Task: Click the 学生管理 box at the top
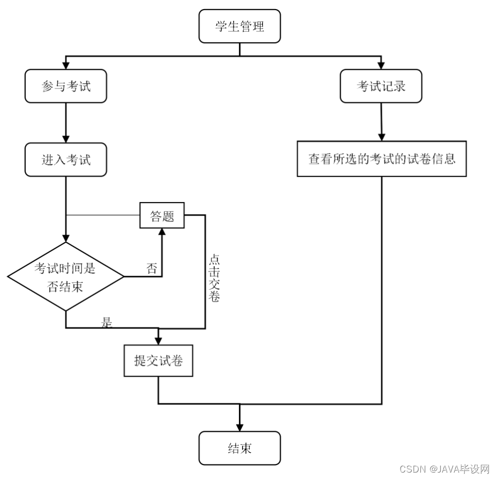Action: coord(239,26)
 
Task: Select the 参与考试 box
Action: coord(65,86)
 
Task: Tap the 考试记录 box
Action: coord(381,86)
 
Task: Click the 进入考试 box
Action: coord(65,159)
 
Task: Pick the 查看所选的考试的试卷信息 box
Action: coord(381,159)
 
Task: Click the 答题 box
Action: coord(162,215)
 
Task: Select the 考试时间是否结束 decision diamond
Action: coord(65,277)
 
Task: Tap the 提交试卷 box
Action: coord(158,361)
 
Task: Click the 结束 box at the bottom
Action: coord(239,448)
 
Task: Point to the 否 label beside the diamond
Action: coord(152,268)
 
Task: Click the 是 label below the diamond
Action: coord(107,322)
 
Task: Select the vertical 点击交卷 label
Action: coord(214,278)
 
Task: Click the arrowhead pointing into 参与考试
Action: coord(65,65)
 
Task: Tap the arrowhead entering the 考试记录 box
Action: coord(381,65)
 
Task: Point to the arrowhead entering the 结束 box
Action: coord(239,426)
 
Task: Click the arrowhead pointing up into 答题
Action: coord(162,233)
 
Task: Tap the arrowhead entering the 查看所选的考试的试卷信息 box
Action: coord(381,136)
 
